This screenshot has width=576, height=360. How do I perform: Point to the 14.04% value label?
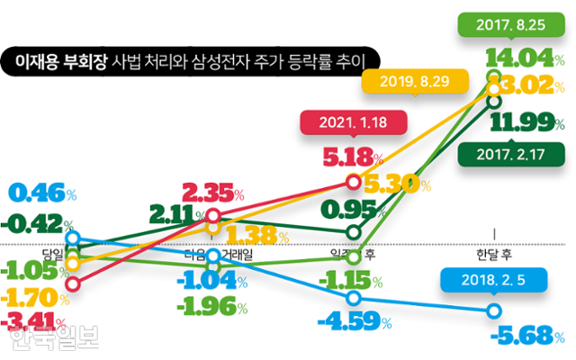(x=520, y=58)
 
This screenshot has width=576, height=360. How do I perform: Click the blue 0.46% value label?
(x=43, y=192)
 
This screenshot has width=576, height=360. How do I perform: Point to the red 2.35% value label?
(x=214, y=191)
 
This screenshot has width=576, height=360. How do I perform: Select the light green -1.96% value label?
(x=213, y=306)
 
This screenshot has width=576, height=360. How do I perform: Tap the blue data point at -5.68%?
(x=494, y=310)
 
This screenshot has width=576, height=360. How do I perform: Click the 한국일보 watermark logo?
(x=54, y=339)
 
